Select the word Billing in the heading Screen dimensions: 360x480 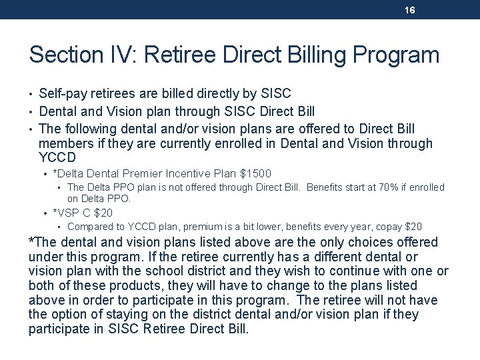(313, 54)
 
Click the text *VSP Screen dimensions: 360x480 (66, 213)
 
